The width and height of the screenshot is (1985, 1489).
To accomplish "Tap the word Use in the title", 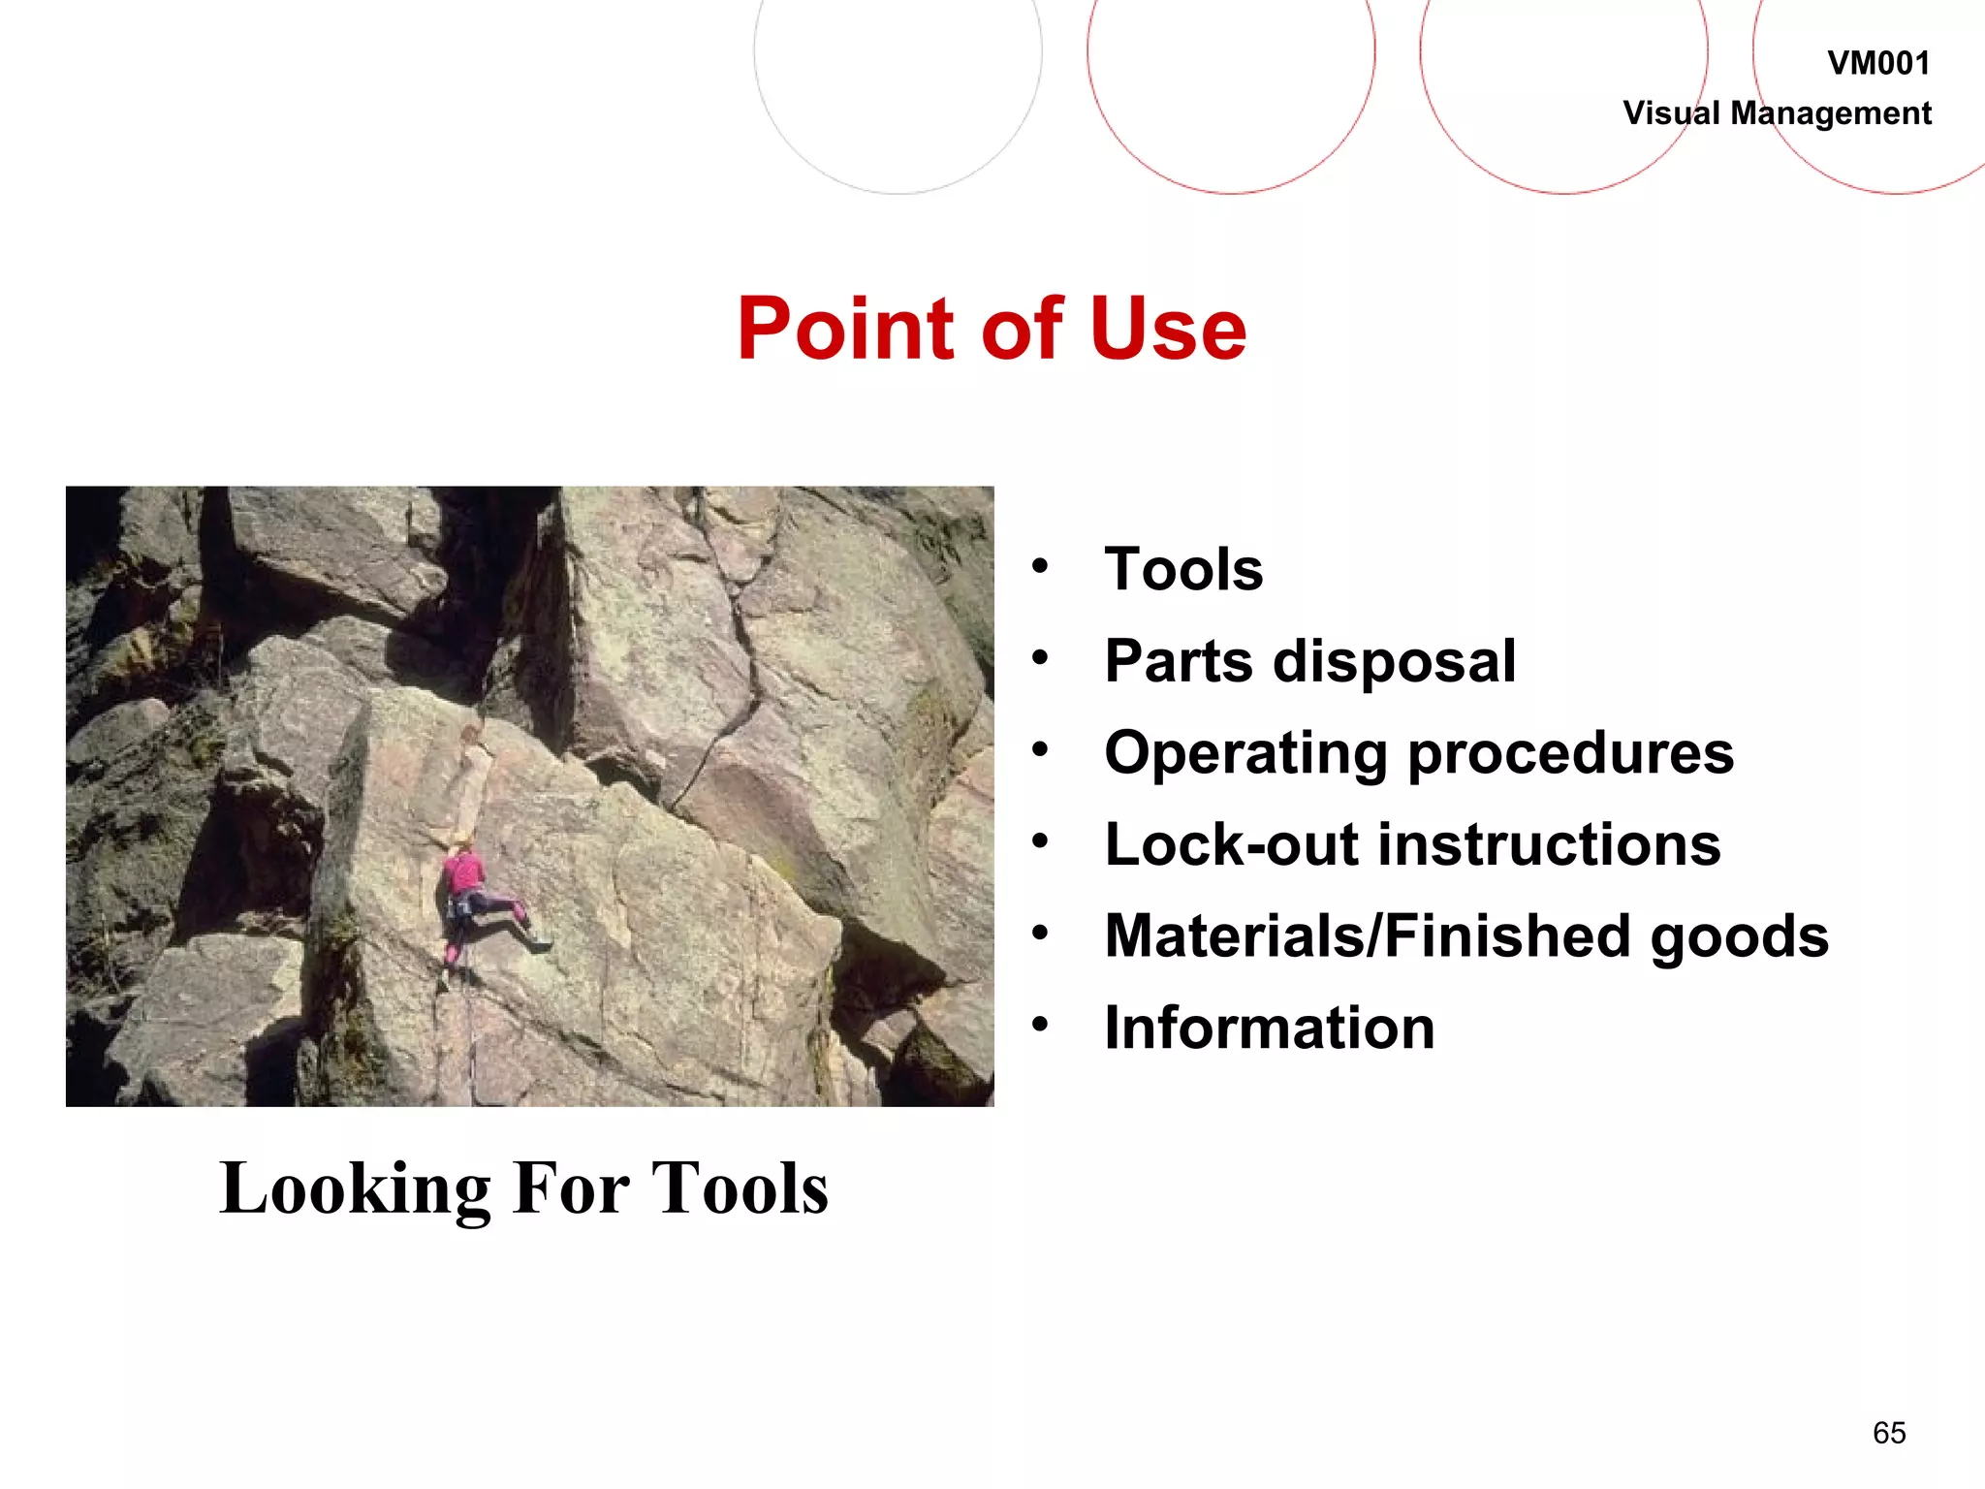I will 1168,330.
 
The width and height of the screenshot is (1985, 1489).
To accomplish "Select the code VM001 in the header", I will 1878,64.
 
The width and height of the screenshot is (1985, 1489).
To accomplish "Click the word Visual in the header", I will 1672,113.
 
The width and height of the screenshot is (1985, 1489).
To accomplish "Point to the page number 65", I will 1889,1433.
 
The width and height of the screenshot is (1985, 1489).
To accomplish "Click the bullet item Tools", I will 1183,569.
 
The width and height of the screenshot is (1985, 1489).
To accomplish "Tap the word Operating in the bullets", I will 1246,754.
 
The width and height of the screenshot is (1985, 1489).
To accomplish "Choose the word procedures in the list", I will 1570,754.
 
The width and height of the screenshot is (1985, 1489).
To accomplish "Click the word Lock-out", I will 1231,844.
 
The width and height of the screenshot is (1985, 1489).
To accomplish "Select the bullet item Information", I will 1270,1028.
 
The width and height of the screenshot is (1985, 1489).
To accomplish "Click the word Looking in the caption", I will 356,1189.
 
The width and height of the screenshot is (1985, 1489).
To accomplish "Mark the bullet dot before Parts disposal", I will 1040,659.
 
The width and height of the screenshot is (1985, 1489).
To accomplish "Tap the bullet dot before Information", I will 1040,1025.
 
